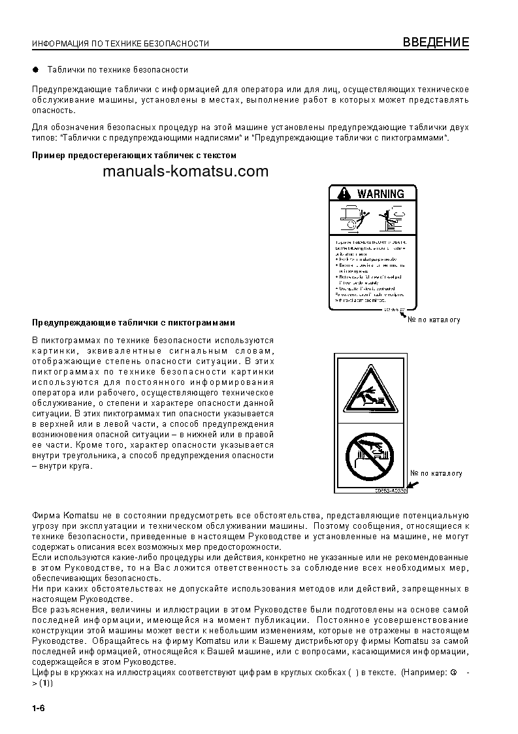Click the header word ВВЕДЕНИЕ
(x=436, y=42)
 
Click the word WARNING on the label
(x=381, y=194)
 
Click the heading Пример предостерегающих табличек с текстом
(x=134, y=156)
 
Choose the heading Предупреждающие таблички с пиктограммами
(x=134, y=323)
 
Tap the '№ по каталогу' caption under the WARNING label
(x=434, y=320)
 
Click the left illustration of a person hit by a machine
(x=353, y=217)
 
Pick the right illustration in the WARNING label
(x=394, y=217)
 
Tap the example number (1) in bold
(x=45, y=683)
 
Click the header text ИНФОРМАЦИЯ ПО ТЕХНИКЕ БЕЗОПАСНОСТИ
(x=120, y=44)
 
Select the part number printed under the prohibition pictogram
(x=391, y=490)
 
